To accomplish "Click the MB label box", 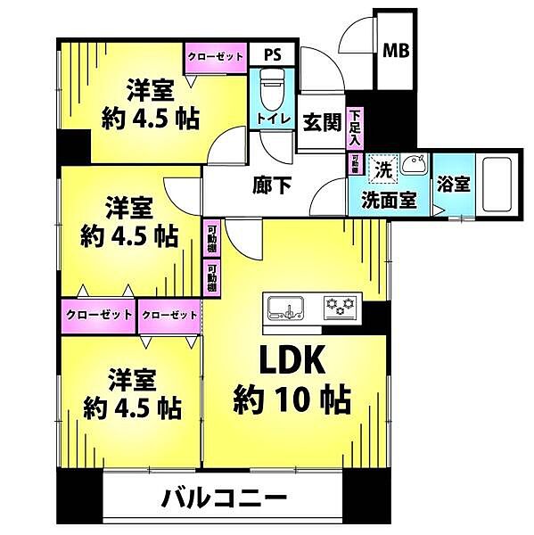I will pos(395,51).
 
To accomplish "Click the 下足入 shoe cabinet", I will pos(355,128).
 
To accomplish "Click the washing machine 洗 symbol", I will pos(382,168).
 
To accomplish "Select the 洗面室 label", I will pos(389,200).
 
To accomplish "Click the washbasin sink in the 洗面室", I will pos(413,164).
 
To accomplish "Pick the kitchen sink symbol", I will pos(289,309).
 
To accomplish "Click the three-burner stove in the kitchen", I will pos(340,308).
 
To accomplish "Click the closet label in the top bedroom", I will pos(215,56).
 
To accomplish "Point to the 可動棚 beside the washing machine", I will pos(355,164).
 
